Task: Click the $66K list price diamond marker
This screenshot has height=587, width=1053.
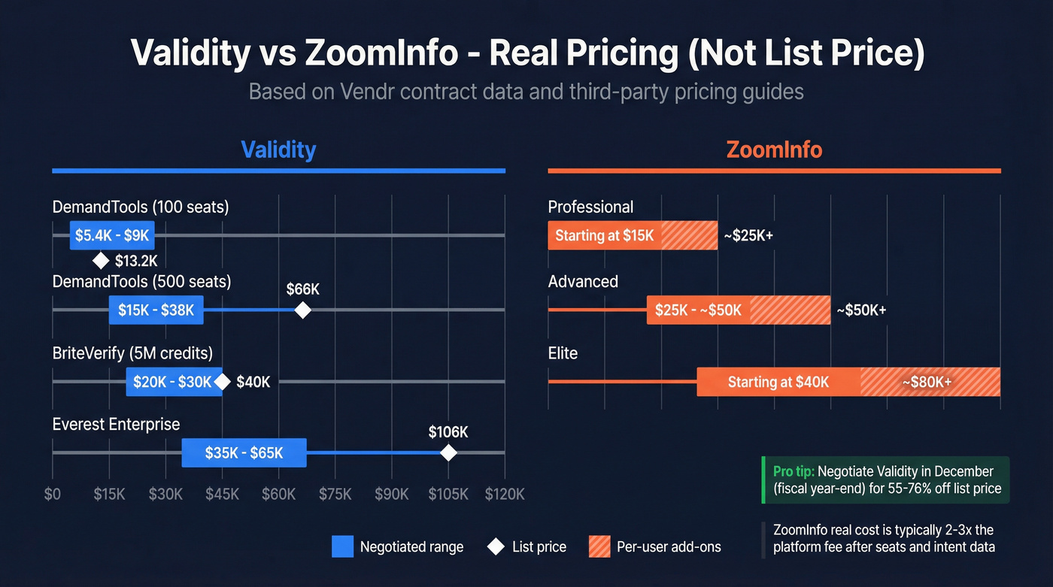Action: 302,310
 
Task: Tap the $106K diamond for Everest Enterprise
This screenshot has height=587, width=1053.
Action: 448,452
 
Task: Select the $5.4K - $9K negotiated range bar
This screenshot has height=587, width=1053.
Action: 112,236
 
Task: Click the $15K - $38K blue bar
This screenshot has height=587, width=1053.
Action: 156,310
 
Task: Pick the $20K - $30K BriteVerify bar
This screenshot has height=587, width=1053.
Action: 174,382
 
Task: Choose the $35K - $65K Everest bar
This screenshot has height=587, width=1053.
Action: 244,452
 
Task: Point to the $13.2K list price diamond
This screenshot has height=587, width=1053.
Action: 101,261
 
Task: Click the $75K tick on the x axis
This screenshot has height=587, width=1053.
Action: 335,494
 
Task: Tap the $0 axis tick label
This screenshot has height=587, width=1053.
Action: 53,494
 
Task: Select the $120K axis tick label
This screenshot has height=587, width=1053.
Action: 504,494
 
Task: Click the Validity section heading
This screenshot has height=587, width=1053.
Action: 278,150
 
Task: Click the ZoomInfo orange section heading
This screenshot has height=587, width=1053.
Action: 774,150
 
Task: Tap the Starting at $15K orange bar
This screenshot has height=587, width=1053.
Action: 604,236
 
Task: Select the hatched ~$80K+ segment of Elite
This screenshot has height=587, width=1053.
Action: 930,382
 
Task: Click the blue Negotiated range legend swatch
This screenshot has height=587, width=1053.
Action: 342,546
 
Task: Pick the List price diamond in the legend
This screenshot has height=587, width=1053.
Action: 496,546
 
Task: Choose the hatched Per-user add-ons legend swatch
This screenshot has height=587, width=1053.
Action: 599,546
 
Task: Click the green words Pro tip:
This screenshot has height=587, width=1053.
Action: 794,471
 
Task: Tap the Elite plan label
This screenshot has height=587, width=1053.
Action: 563,353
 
